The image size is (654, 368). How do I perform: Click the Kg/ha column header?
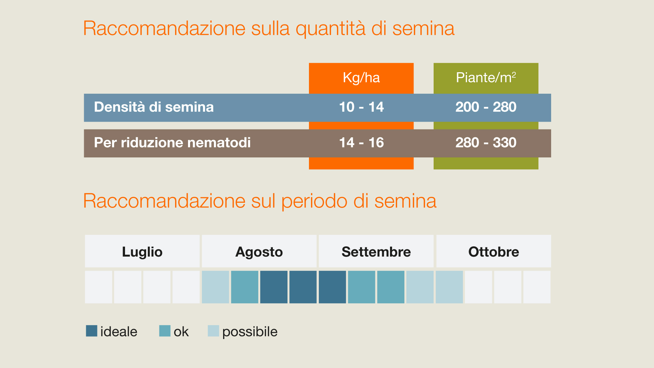click(361, 78)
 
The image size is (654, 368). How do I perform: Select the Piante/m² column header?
click(486, 78)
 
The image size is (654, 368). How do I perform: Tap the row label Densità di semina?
click(154, 107)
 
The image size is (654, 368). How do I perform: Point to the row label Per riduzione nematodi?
click(172, 142)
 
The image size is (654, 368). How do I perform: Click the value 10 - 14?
click(361, 107)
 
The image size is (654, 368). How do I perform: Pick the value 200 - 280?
click(486, 107)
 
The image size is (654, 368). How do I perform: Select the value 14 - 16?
click(361, 142)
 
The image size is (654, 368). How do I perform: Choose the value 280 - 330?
click(486, 142)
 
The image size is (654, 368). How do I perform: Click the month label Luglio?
click(142, 252)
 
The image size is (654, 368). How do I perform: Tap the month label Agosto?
click(259, 252)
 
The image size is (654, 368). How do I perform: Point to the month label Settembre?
click(376, 252)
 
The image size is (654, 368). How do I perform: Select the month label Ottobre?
click(494, 252)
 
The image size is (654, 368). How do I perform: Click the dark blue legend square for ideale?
click(92, 331)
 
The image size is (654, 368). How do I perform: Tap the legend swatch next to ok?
click(165, 331)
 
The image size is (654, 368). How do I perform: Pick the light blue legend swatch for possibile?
click(214, 331)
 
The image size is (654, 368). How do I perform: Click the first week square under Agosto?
click(216, 287)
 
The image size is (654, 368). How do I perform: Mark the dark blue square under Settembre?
click(332, 287)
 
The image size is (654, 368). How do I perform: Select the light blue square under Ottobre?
click(449, 287)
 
